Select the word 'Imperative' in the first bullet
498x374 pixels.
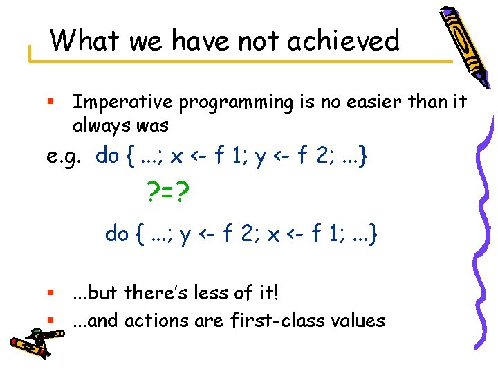tap(124, 103)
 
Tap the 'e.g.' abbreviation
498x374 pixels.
tap(67, 157)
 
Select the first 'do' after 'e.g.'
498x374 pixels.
tap(107, 156)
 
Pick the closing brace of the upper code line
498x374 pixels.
tap(364, 157)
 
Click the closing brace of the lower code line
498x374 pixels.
tap(373, 234)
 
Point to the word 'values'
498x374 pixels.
tap(354, 320)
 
